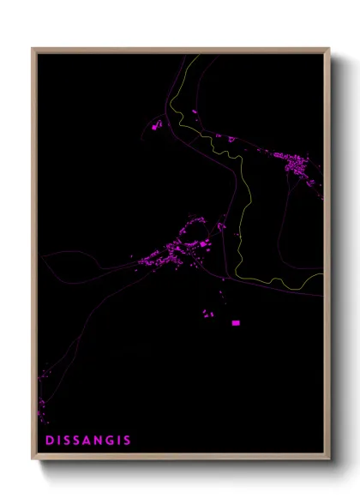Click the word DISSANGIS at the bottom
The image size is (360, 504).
88,441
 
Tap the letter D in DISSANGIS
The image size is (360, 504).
49,441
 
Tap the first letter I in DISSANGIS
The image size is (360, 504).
58,441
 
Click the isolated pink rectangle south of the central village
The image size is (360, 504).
236,323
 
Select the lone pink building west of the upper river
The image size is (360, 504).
156,127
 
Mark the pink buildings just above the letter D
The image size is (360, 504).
42,403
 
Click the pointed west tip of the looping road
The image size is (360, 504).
41,258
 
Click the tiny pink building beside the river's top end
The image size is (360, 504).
195,111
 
